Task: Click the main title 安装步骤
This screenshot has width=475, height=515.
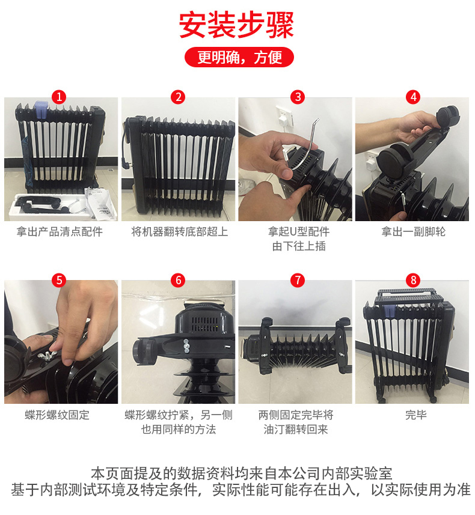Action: (x=237, y=25)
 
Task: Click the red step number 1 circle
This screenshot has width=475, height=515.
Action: (x=60, y=97)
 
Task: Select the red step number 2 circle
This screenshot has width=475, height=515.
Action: (x=177, y=97)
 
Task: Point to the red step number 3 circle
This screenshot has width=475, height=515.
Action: (x=298, y=97)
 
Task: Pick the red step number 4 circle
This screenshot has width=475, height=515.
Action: (x=413, y=97)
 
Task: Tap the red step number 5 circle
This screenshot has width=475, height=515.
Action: (x=60, y=279)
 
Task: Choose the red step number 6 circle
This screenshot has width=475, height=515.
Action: (x=177, y=279)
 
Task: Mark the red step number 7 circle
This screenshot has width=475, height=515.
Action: (x=298, y=279)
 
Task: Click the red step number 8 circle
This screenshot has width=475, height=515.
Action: (x=413, y=279)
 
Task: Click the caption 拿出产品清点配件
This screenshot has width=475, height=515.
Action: (x=60, y=232)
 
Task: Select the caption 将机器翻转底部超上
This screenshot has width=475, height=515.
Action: (x=180, y=232)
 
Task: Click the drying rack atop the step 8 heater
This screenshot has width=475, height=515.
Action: (x=409, y=297)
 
